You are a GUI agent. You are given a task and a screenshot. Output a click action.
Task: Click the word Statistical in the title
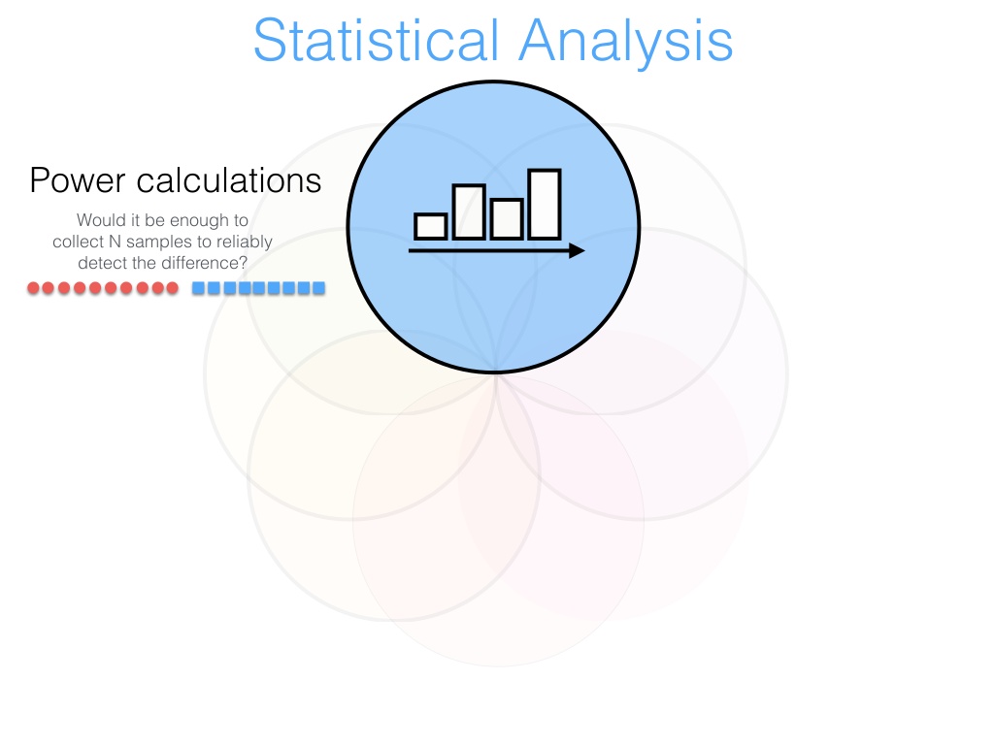pyautogui.click(x=377, y=40)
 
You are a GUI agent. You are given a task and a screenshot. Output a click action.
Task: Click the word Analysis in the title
pyautogui.click(x=626, y=43)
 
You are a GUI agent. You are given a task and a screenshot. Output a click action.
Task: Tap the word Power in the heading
pyautogui.click(x=78, y=180)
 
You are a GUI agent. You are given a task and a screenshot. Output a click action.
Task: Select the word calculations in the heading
pyautogui.click(x=229, y=180)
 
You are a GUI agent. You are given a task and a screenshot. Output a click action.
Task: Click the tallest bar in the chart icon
pyautogui.click(x=545, y=204)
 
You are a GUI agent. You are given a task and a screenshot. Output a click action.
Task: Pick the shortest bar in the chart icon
pyautogui.click(x=430, y=226)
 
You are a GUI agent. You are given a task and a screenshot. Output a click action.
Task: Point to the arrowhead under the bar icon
pyautogui.click(x=577, y=251)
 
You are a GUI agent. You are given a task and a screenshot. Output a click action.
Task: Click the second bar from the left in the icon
pyautogui.click(x=469, y=211)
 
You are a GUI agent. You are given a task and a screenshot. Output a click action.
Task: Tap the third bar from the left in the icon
pyautogui.click(x=507, y=219)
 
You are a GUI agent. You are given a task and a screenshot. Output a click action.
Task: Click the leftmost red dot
pyautogui.click(x=34, y=288)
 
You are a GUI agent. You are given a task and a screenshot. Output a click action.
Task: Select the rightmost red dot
pyautogui.click(x=172, y=288)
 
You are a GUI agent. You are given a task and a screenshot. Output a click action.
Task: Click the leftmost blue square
pyautogui.click(x=198, y=288)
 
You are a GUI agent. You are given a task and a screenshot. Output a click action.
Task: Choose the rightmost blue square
pyautogui.click(x=318, y=288)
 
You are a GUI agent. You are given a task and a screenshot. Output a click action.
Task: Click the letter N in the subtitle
pyautogui.click(x=115, y=242)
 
